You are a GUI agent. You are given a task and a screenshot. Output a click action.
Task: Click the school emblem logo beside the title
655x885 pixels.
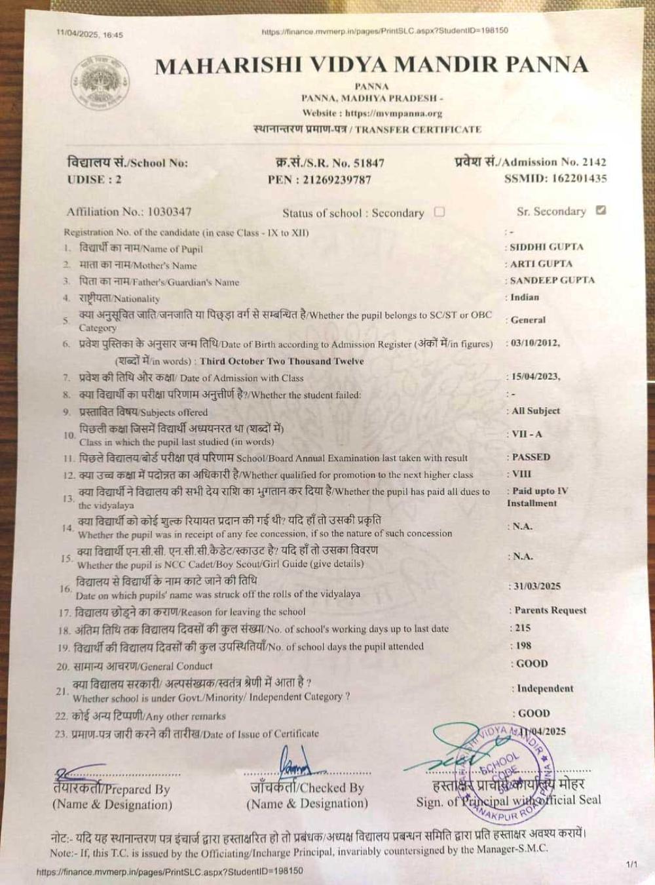point(99,83)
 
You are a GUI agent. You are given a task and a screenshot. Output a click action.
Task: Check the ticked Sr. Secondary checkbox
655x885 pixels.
point(601,210)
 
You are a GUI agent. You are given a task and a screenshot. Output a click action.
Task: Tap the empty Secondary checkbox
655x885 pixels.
point(440,212)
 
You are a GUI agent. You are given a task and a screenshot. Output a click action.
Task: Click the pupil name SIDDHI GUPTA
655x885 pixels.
point(547,247)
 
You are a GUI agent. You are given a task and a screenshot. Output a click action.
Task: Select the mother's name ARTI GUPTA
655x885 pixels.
point(542,264)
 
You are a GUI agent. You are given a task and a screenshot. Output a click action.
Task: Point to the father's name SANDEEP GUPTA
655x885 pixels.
point(553,280)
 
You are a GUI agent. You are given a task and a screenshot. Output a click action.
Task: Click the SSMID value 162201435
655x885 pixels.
point(579,178)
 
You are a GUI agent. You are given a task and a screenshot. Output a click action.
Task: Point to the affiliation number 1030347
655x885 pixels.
point(169,211)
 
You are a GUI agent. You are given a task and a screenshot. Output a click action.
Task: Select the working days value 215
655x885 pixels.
point(523,627)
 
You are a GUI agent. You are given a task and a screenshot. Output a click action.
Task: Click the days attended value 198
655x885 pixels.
point(523,646)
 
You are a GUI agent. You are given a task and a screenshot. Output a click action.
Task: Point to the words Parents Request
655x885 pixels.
point(550,610)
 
